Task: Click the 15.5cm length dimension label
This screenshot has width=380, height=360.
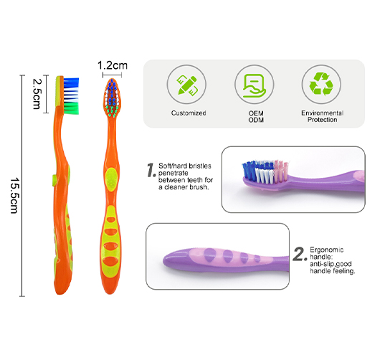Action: (x=14, y=196)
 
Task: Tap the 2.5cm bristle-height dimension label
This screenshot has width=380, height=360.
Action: (x=37, y=94)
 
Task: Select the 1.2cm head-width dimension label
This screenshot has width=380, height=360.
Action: (x=112, y=65)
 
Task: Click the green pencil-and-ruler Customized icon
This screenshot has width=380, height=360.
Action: (x=187, y=85)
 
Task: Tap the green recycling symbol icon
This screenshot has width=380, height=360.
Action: (x=321, y=84)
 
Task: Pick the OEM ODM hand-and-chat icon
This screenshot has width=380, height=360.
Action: (x=255, y=85)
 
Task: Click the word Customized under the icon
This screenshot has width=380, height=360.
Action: (x=189, y=113)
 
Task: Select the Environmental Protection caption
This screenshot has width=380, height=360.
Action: (x=323, y=116)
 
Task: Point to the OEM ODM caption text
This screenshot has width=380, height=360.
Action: (x=256, y=117)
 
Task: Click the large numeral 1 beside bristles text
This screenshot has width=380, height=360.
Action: (x=151, y=170)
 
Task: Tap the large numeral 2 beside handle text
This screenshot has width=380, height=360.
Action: (x=300, y=254)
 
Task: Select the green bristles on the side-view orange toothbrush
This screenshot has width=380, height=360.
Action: (x=72, y=108)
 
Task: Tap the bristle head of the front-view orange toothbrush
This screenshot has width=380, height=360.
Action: (x=112, y=98)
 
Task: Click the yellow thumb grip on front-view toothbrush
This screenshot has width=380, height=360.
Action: (x=111, y=179)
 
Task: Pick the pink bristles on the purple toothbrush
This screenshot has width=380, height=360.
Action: (x=280, y=171)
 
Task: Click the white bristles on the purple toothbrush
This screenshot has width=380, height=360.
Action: (x=265, y=175)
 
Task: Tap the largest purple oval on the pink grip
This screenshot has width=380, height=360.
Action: (x=210, y=255)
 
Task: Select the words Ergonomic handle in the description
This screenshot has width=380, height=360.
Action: (x=327, y=253)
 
